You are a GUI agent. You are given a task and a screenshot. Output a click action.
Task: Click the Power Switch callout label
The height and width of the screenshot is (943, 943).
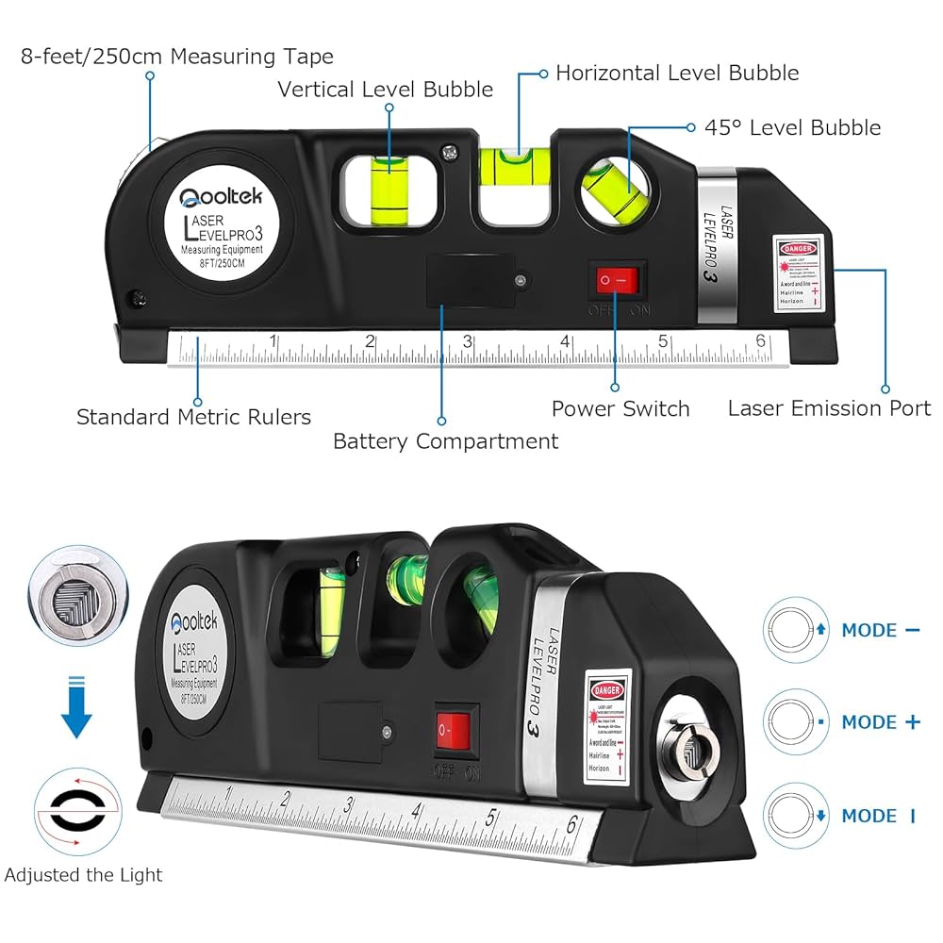point(620,408)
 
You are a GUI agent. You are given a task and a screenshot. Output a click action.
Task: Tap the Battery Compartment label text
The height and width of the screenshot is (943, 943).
point(445,441)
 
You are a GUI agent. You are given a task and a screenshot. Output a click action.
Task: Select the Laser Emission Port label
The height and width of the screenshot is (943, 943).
point(829,408)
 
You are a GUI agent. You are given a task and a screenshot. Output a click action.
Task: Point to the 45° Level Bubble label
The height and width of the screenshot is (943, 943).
point(793,127)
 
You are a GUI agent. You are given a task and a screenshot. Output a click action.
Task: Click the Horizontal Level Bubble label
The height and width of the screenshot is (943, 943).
point(676,73)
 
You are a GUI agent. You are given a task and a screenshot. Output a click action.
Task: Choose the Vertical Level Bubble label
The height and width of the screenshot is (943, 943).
point(385,90)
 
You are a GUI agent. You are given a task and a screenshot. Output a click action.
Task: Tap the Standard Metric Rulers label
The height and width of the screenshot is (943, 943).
point(193,417)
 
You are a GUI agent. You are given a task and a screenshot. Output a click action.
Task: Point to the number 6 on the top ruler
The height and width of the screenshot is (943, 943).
point(760,341)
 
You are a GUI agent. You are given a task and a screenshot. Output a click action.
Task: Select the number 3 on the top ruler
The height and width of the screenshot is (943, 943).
point(467,342)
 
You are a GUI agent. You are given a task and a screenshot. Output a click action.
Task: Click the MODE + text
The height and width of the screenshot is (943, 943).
point(881,722)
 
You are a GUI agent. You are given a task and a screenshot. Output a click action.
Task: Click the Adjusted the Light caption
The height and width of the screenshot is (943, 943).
point(83,875)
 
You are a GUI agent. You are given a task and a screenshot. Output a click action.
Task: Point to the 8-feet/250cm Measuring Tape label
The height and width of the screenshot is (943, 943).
point(177,57)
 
